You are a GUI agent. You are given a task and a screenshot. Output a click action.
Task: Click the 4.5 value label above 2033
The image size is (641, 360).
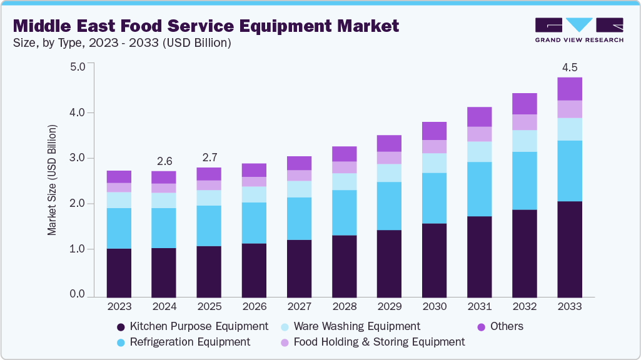[x=569, y=67]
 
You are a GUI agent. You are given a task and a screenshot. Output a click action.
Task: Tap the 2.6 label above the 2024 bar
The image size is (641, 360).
[x=164, y=161]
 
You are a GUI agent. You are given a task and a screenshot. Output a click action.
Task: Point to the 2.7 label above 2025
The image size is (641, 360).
[x=208, y=157]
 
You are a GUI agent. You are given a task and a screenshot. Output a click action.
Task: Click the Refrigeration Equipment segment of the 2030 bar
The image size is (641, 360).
[x=434, y=198]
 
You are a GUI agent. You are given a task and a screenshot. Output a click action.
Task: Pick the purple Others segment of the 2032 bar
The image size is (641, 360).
[x=524, y=104]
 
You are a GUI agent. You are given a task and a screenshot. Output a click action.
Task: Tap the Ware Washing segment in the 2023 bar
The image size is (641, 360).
[x=119, y=200]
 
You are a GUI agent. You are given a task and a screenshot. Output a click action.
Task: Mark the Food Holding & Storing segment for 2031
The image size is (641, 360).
[x=479, y=134]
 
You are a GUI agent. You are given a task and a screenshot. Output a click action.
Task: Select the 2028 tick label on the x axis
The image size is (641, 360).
[x=344, y=307]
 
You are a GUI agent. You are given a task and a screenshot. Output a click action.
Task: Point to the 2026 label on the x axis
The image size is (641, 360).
[x=254, y=307]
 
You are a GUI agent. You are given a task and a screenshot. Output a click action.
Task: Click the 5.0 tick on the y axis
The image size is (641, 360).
[x=78, y=67]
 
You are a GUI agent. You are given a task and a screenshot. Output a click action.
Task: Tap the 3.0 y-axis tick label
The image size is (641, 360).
[x=78, y=158]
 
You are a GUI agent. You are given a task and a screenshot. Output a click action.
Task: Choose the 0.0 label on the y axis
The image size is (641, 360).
[x=78, y=294]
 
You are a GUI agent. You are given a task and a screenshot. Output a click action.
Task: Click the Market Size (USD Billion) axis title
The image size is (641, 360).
[x=52, y=180]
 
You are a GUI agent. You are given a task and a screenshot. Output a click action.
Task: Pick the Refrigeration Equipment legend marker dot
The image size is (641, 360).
[x=121, y=342]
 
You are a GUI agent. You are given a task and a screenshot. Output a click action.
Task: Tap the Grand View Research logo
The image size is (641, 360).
[x=578, y=30]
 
